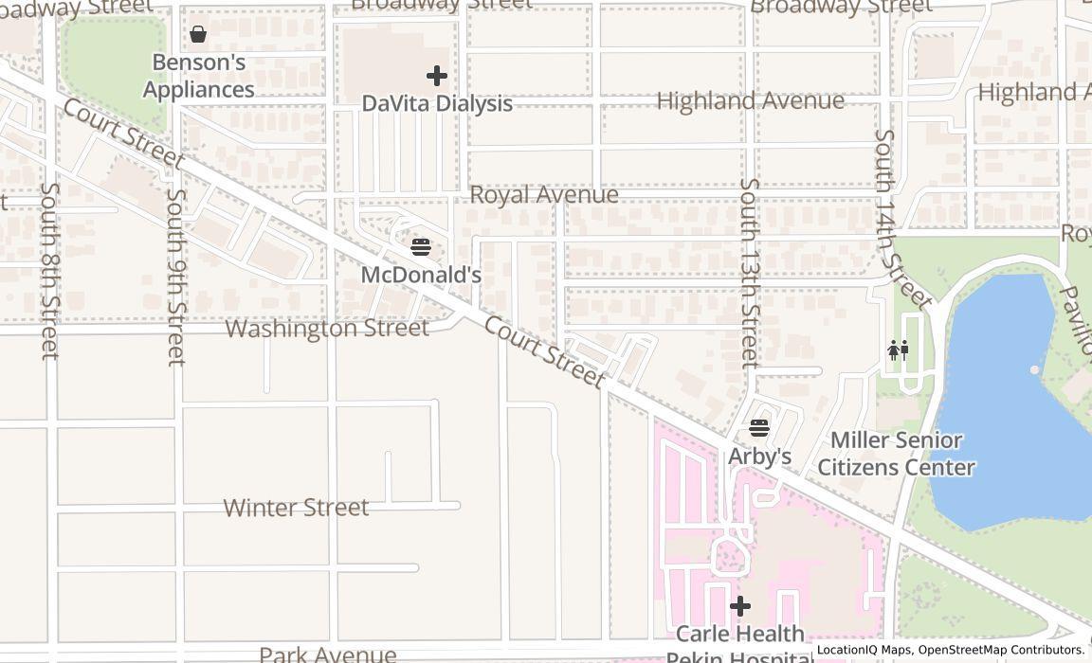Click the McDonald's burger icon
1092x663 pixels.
click(x=421, y=247)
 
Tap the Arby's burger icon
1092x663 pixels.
click(x=759, y=428)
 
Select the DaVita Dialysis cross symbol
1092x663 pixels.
click(x=437, y=75)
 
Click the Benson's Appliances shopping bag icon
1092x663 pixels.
click(x=198, y=35)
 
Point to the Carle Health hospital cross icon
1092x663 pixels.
click(x=740, y=605)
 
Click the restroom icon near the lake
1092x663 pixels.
click(x=898, y=350)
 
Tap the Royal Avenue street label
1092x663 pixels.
click(x=544, y=195)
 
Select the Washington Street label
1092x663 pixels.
click(x=327, y=329)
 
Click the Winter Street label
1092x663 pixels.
click(x=296, y=508)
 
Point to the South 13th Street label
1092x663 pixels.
click(x=750, y=273)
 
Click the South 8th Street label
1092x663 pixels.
click(x=49, y=271)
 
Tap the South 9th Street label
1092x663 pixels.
click(x=175, y=277)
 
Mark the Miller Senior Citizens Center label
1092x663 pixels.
click(x=896, y=454)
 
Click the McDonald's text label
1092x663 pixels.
click(x=421, y=276)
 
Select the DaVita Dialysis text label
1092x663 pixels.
click(x=437, y=103)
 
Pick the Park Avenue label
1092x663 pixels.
click(x=327, y=654)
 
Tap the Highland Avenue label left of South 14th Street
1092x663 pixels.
click(x=750, y=100)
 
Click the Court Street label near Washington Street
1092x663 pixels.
click(x=544, y=352)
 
